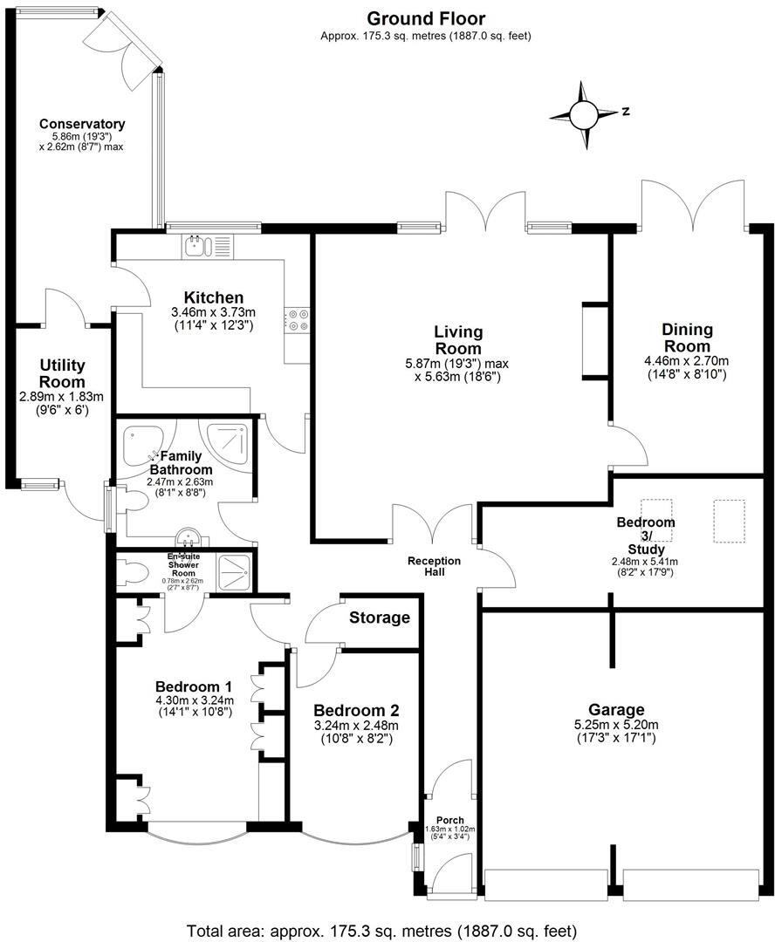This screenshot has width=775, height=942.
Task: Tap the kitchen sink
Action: pos(208,247)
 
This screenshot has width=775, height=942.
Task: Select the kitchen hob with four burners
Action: pos(297,321)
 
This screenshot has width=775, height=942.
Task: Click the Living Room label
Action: pos(458,340)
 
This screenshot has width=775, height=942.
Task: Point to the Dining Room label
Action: pos(687,338)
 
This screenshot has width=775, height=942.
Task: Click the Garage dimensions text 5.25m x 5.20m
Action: pos(615,725)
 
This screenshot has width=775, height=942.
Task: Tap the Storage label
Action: pos(380,618)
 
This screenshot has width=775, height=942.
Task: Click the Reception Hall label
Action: pos(434,560)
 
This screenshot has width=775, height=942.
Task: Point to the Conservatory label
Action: pos(82,124)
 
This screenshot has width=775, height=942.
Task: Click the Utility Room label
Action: pos(62,373)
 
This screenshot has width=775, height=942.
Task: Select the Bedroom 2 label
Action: pos(355,709)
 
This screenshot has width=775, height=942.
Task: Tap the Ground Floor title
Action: pos(426,18)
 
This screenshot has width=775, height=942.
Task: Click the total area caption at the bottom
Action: pos(382,929)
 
